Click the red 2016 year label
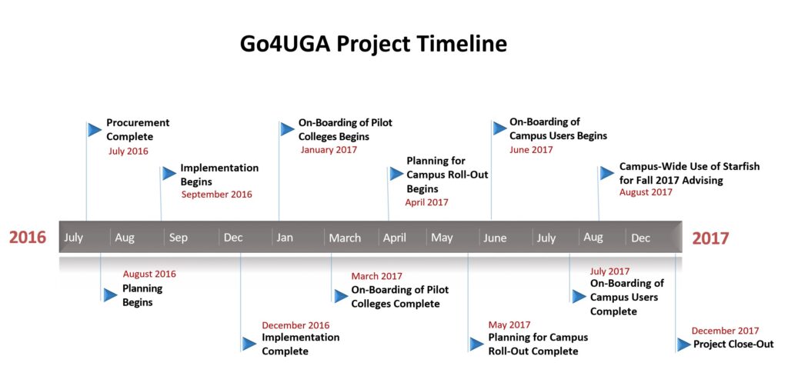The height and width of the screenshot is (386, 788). pos(28,238)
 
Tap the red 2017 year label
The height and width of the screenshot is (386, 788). pos(710,238)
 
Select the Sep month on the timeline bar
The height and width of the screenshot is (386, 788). pos(178,238)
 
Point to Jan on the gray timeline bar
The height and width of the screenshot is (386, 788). pos(285,238)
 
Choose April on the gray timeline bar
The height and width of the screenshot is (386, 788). pos(394,238)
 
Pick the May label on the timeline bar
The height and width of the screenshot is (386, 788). pos(442,238)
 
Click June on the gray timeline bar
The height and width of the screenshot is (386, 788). pos(495,238)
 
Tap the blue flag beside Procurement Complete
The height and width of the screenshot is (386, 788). pos(95,129)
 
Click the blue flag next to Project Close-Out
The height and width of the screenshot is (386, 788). pos(683,344)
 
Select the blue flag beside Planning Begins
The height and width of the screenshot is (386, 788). pos(111,294)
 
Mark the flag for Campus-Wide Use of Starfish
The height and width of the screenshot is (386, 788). pos(607,173)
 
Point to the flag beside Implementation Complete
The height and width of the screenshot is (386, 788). pos(249,344)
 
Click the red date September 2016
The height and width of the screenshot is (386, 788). pos(216,195)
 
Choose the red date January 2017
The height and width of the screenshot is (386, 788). pos(329,150)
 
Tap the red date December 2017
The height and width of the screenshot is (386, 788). pos(724,331)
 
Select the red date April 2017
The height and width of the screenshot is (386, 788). pos(427,202)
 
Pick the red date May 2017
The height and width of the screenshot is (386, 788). pos(509,324)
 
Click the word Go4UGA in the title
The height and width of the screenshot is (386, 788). pos(284,44)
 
